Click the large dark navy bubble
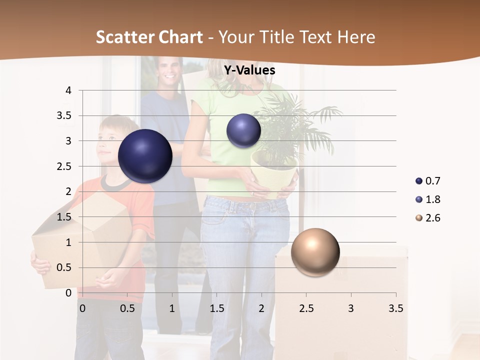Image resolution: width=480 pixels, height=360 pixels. (145, 156)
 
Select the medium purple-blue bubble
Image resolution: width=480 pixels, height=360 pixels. (243, 130)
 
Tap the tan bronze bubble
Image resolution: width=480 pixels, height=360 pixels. (315, 252)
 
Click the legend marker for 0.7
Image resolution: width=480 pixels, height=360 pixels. (419, 181)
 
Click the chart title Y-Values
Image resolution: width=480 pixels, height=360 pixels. (249, 70)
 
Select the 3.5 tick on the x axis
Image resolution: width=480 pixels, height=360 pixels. (395, 308)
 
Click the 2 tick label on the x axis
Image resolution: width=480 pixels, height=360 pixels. (261, 308)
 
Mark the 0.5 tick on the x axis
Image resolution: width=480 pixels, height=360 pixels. (127, 308)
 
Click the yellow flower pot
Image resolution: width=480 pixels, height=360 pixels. (272, 172)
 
